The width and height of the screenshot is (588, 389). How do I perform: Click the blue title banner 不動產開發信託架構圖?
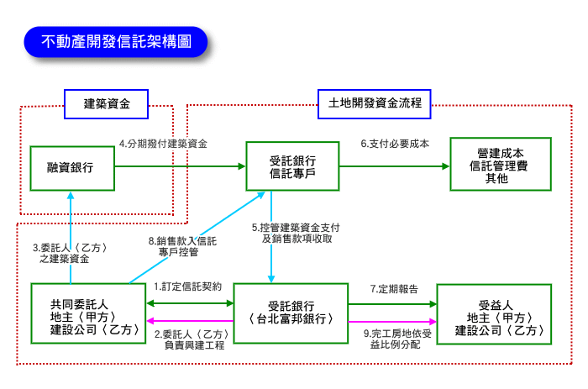pos(116,40)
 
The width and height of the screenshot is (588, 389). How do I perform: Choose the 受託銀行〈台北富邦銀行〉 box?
pos(291,313)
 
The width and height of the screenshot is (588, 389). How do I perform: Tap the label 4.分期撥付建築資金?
pos(163,144)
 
